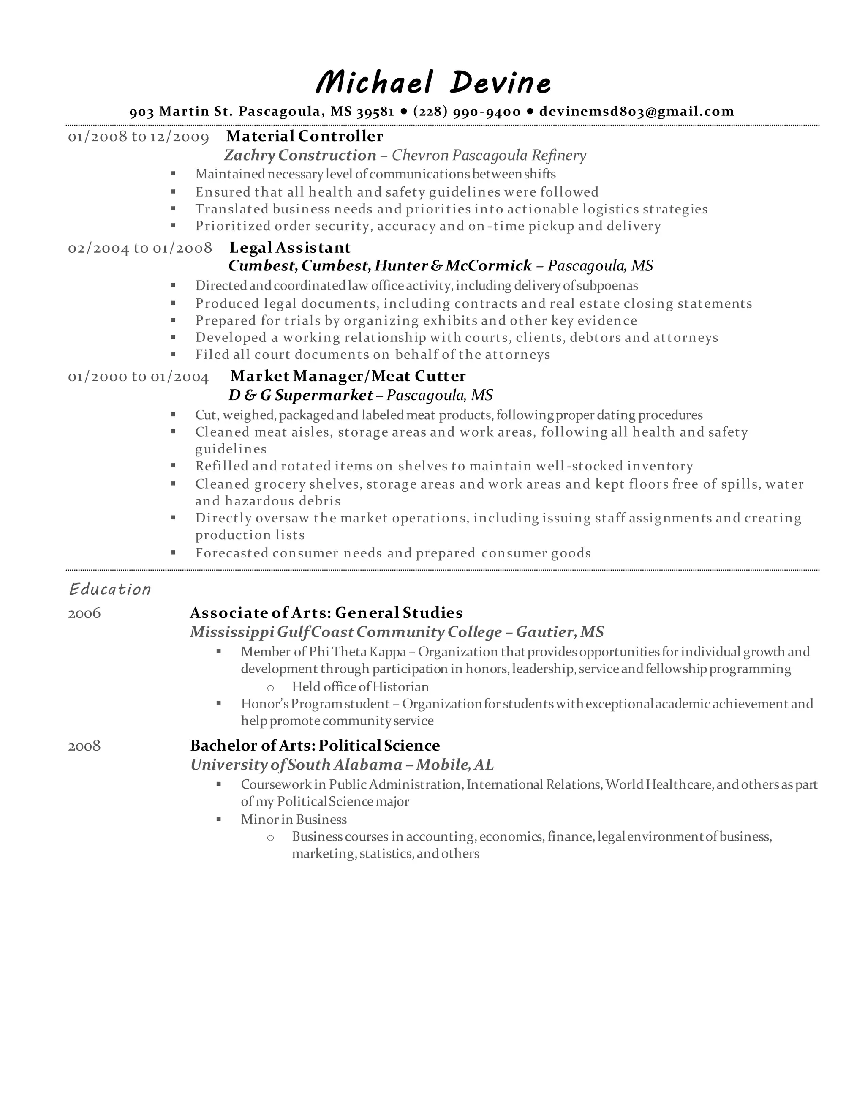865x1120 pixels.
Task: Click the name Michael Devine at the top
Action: [433, 82]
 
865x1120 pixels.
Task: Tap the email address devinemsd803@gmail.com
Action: [637, 111]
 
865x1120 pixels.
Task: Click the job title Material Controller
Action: [305, 136]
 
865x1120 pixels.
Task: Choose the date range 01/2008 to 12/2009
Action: [139, 137]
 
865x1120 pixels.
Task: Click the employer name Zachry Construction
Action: [300, 155]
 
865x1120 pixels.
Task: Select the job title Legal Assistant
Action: [290, 248]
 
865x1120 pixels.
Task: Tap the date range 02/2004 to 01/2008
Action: [140, 248]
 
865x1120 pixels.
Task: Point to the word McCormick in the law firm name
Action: [488, 266]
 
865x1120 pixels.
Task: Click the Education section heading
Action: [110, 589]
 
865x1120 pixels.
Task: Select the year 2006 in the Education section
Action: [84, 613]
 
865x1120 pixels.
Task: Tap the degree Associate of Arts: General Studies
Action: [326, 613]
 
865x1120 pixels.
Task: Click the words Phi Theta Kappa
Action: [357, 651]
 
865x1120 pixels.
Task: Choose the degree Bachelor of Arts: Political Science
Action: [315, 745]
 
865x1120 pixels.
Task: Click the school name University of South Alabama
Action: [296, 765]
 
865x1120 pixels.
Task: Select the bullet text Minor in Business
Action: [294, 819]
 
